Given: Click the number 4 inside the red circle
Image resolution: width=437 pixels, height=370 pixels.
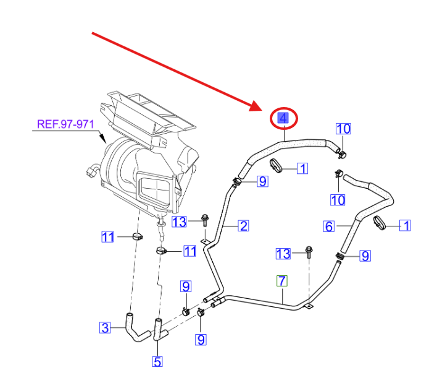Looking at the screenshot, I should point(282,118).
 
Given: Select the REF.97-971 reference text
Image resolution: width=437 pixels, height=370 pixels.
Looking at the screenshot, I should point(65,124).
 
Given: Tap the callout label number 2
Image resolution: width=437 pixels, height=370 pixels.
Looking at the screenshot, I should point(244,226).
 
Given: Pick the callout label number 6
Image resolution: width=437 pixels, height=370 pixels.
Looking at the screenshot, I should point(329,226).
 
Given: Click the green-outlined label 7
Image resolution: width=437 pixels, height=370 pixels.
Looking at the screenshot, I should point(282,281).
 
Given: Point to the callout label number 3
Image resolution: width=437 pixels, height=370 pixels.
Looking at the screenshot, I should point(105,327).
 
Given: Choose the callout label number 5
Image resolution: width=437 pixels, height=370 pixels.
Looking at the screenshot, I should point(157,361).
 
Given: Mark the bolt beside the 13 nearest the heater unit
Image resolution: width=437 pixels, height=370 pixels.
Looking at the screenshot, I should point(204,219).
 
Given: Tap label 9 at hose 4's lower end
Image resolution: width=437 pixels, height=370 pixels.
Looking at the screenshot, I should point(262,181).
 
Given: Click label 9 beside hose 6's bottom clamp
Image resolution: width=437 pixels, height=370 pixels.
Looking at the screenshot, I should point(365,255).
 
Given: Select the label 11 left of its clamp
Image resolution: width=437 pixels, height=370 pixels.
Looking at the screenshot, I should point(108,236).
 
